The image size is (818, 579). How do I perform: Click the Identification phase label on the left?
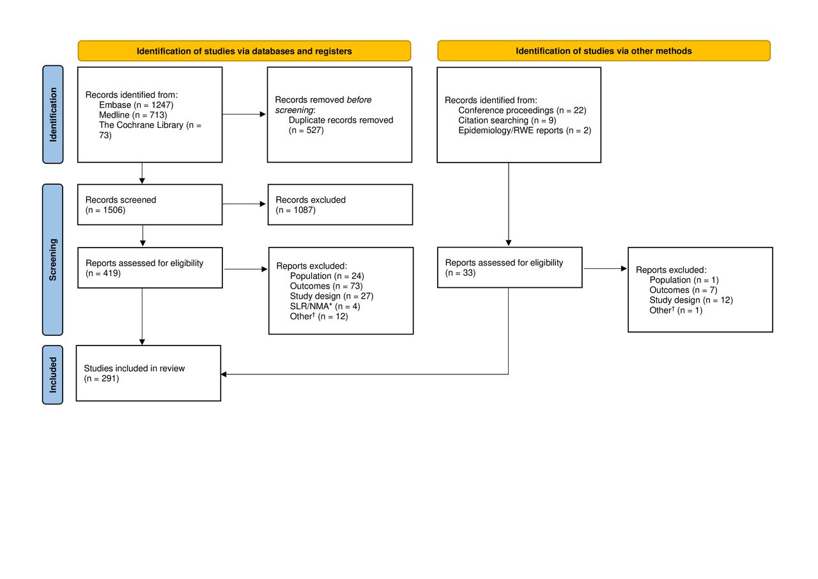point(53,115)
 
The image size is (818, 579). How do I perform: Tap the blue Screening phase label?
point(53,260)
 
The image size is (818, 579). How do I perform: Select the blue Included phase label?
point(53,375)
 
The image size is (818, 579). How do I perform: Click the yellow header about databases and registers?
point(244,51)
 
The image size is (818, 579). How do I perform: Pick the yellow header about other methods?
point(604,51)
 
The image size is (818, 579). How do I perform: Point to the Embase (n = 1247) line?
point(136,105)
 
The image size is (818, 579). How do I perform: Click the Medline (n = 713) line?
point(133,115)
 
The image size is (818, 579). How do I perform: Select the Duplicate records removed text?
point(341,120)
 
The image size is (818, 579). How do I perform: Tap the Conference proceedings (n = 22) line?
point(522,110)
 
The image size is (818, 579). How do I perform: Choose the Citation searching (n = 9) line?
point(507,120)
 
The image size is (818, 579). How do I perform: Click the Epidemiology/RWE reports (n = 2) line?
point(525,130)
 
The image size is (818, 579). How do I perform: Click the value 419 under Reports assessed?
point(111,273)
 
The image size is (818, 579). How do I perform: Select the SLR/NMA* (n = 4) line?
point(325,306)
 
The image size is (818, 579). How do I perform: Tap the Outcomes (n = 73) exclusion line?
point(326,286)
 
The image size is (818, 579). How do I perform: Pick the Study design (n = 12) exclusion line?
point(691,300)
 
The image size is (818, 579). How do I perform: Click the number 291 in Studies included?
point(109,378)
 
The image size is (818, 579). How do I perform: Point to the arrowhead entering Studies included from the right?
point(223,374)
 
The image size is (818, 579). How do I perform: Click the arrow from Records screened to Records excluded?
point(244,203)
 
